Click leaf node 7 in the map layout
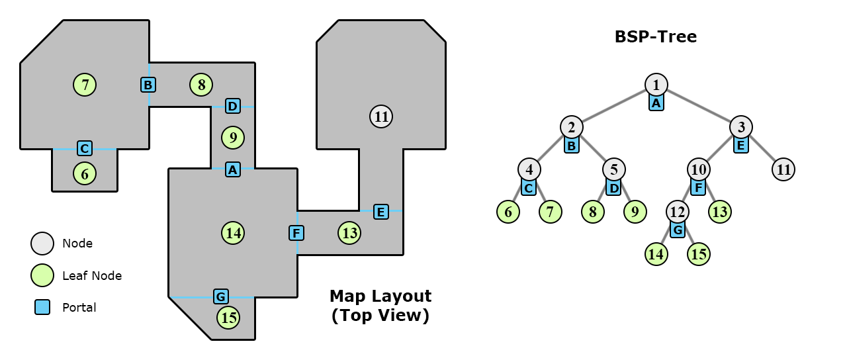click(85, 85)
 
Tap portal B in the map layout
click(148, 85)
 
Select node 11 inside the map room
click(381, 116)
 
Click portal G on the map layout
click(221, 296)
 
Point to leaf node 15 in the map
click(229, 318)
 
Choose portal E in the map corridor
click(380, 212)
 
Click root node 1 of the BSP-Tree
click(656, 84)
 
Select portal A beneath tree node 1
click(656, 103)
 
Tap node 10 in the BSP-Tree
click(699, 169)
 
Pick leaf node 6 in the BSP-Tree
click(508, 212)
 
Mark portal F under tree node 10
click(698, 187)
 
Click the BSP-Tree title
click(655, 37)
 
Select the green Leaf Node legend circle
click(42, 275)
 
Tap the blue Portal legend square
click(42, 307)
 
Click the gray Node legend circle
click(42, 244)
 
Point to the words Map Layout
click(380, 296)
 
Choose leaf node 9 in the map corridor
click(233, 138)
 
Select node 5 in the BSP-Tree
click(614, 169)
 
